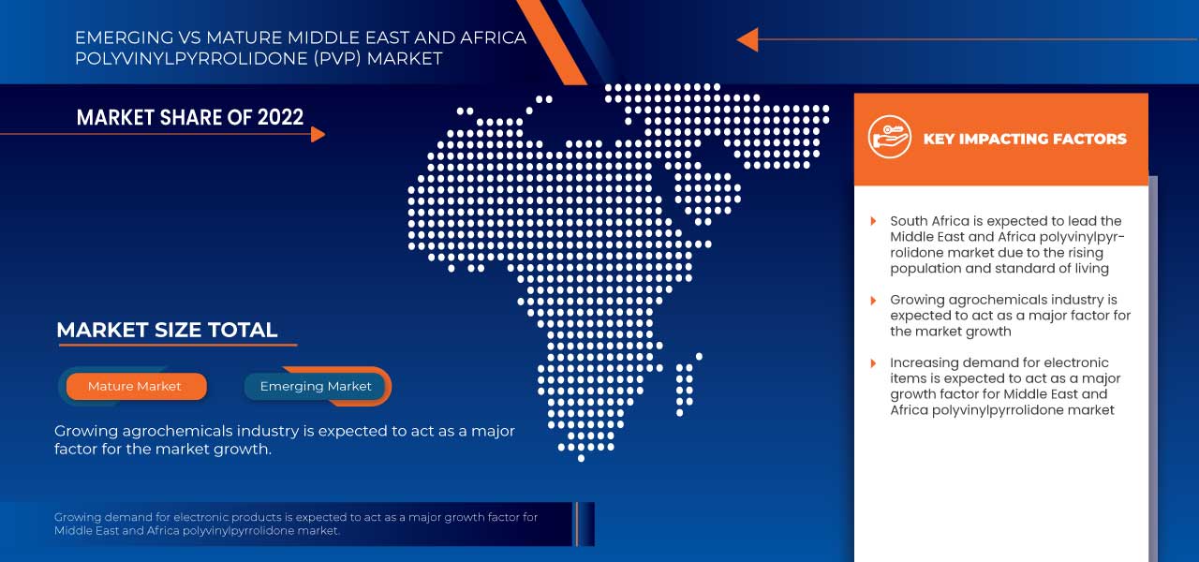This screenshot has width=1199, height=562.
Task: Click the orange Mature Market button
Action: [x=135, y=386]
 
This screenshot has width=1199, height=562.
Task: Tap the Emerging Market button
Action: [x=316, y=386]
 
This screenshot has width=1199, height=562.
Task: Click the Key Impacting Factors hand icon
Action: [x=888, y=138]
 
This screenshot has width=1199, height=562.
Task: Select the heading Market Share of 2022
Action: [x=190, y=117]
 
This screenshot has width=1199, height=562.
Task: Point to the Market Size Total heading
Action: [x=167, y=330]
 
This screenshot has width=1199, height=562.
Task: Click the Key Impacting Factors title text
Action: [x=1025, y=139]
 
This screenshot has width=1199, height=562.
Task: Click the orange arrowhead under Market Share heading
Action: [x=318, y=134]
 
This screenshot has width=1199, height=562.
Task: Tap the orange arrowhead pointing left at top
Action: [x=747, y=39]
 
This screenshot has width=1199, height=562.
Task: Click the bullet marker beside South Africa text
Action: [x=873, y=221]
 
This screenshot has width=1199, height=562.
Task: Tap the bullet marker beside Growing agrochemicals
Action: [x=873, y=300]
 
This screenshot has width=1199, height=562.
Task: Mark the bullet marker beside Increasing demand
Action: [x=873, y=362]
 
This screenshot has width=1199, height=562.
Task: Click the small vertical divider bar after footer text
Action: [x=577, y=524]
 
